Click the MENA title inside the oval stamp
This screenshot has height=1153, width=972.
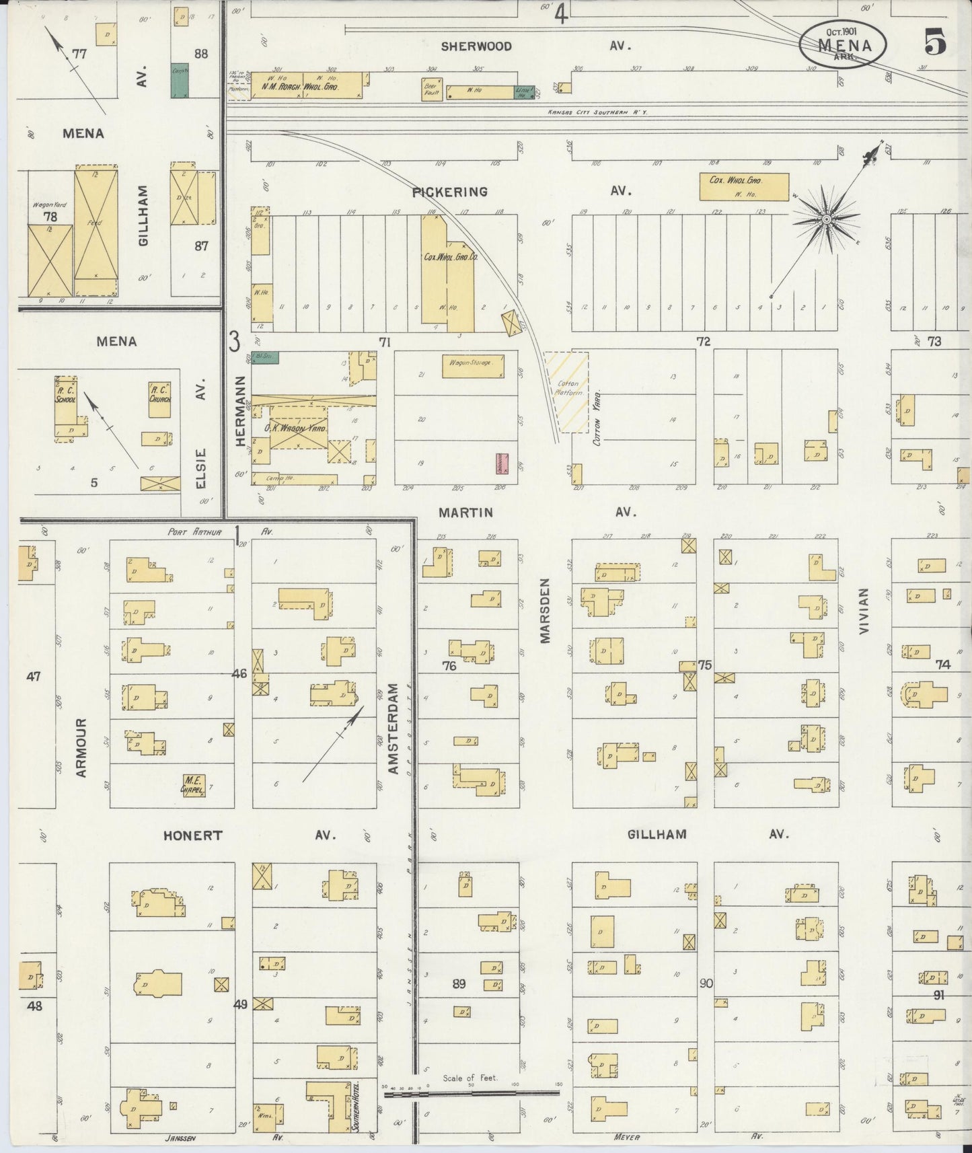(844, 46)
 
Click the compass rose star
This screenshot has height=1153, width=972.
(826, 219)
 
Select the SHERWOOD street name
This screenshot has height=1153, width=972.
(476, 46)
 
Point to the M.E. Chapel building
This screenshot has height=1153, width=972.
(194, 784)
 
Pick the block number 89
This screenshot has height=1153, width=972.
(458, 983)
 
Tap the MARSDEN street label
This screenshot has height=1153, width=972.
(546, 609)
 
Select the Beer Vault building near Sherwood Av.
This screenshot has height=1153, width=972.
(431, 90)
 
